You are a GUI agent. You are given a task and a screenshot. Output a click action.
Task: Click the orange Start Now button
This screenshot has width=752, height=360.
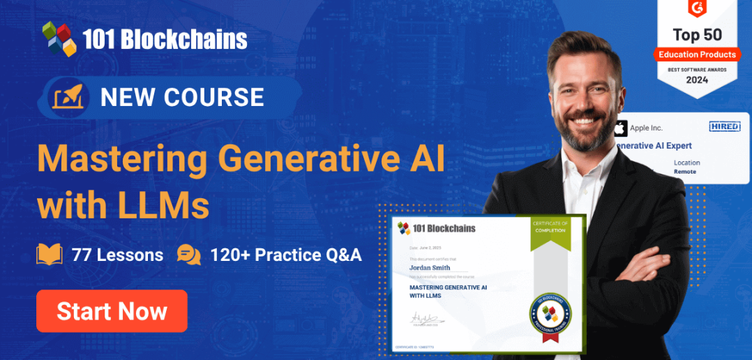[112, 311]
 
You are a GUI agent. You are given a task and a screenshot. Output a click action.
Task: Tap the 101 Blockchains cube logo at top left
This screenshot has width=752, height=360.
[59, 38]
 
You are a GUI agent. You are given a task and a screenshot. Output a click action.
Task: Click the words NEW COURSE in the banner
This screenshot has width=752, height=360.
[182, 97]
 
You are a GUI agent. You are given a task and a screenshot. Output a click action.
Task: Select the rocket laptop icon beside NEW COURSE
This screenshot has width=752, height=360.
[68, 98]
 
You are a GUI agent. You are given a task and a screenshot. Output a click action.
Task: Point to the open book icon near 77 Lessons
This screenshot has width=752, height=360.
[50, 255]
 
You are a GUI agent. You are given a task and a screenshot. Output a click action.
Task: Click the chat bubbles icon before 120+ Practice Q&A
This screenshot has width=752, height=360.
[188, 255]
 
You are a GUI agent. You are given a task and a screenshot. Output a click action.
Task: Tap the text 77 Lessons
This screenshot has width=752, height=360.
[117, 255]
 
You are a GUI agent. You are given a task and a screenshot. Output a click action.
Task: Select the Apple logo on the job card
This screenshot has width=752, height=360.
[619, 128]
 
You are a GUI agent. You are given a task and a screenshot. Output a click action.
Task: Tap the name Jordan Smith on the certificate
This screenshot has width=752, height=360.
[430, 267]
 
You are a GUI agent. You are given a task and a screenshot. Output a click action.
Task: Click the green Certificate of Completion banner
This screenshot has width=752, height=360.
[550, 230]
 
